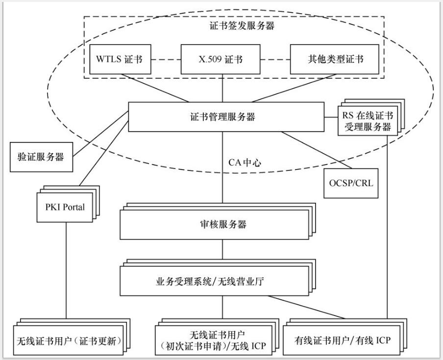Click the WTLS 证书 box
(x=120, y=60)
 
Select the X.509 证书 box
(x=221, y=60)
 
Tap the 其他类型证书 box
(x=335, y=60)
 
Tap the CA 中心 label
(x=245, y=162)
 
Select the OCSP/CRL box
(x=350, y=184)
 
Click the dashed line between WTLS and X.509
(x=166, y=60)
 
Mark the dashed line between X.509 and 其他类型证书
(x=275, y=60)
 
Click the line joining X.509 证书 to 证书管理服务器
(x=223, y=88)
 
